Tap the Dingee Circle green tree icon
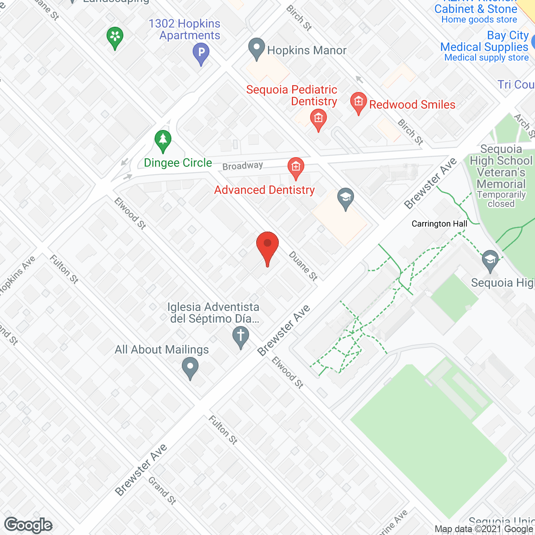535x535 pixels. click(163, 141)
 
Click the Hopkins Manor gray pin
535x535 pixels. click(257, 48)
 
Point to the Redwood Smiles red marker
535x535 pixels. click(358, 102)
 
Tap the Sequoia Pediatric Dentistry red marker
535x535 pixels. click(318, 120)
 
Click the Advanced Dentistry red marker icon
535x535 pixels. click(296, 168)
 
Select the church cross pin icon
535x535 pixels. click(241, 336)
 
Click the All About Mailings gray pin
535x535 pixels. click(190, 368)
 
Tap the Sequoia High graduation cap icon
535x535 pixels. click(490, 260)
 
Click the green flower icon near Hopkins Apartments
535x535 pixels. click(115, 37)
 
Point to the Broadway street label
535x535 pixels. click(242, 166)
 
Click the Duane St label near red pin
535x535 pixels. click(303, 266)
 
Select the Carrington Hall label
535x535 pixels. click(439, 224)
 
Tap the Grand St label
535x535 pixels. click(162, 491)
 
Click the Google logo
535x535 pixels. click(28, 525)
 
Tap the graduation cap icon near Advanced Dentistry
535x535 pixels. click(346, 199)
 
